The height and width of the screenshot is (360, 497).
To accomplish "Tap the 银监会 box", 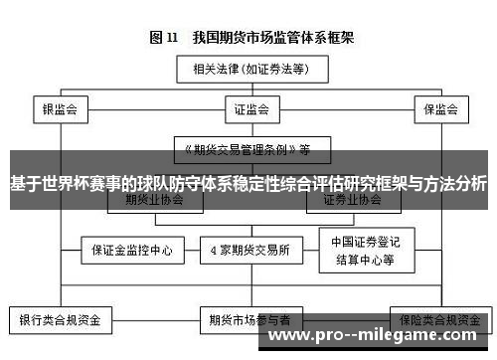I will point(61,108).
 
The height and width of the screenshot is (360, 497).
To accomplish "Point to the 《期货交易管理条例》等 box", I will point(244,150).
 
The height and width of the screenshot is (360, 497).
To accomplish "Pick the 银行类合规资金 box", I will point(61,321).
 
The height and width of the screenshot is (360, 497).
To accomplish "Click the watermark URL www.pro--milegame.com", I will point(379,338).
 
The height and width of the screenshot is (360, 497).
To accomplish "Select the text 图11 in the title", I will point(163,39).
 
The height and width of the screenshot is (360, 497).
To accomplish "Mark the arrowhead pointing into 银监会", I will point(61,96).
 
